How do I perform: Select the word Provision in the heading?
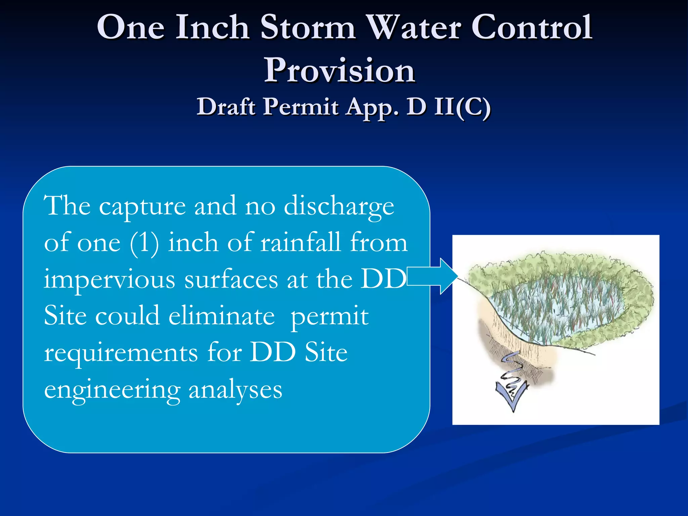click(x=340, y=71)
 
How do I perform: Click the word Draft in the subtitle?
click(x=226, y=107)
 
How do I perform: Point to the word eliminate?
click(x=221, y=316)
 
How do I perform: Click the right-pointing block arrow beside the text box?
click(x=433, y=276)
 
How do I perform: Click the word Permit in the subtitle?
click(x=301, y=107)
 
